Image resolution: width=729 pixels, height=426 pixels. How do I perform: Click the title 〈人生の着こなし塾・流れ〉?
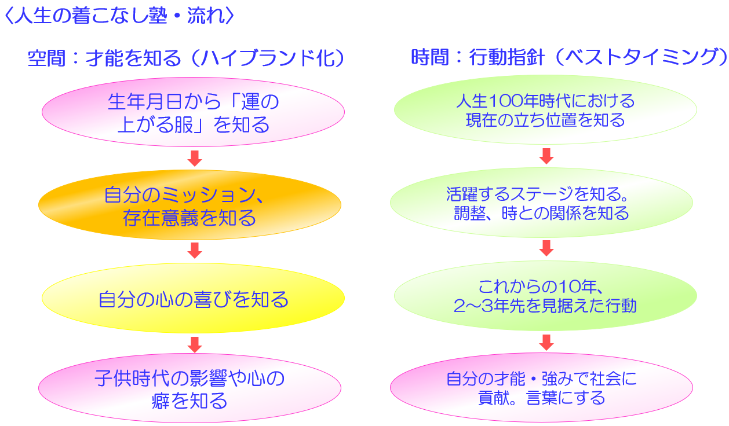click(119, 15)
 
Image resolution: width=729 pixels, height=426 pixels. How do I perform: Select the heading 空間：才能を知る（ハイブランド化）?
click(186, 58)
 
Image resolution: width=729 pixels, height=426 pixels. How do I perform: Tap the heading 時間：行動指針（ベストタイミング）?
click(569, 57)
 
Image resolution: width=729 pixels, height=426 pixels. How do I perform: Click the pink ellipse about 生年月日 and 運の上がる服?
click(193, 112)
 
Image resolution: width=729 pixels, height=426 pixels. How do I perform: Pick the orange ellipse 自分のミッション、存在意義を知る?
click(189, 205)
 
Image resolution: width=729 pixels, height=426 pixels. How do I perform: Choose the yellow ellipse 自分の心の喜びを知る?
click(193, 298)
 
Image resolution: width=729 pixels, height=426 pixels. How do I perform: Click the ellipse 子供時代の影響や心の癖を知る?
click(189, 388)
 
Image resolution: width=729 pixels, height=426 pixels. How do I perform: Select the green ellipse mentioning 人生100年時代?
click(545, 109)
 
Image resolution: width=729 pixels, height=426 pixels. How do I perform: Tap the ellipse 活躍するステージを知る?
click(542, 203)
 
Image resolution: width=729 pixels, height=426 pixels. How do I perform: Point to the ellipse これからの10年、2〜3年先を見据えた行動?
click(545, 296)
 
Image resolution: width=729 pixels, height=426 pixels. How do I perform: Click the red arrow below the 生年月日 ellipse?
click(195, 158)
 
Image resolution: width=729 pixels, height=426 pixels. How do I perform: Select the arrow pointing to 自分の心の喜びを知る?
click(195, 251)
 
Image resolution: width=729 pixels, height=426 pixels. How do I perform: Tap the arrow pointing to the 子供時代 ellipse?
click(195, 345)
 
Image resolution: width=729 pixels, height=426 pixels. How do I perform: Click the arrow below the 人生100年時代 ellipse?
click(546, 156)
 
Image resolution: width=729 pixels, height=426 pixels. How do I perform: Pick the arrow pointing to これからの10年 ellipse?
click(546, 248)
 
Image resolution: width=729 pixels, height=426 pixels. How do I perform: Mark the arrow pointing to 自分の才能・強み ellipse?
click(546, 343)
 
